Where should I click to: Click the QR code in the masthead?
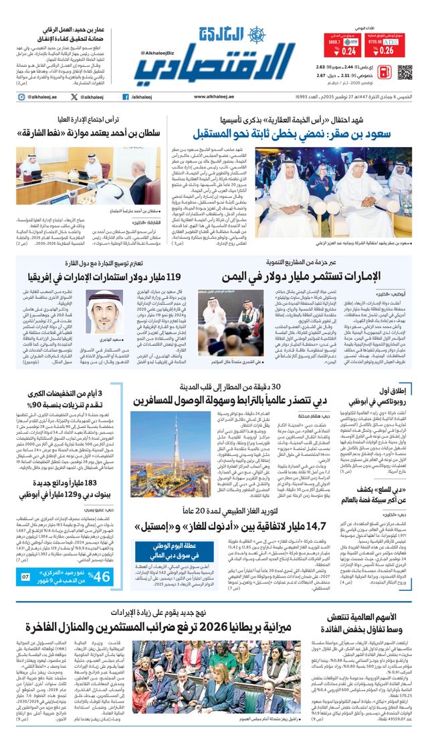tap(405, 72)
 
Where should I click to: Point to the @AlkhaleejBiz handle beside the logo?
tap(158, 53)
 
